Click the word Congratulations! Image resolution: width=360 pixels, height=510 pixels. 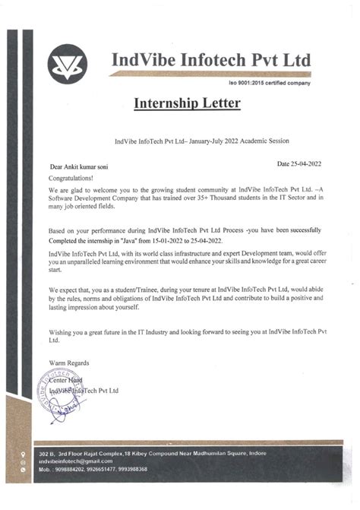(74, 176)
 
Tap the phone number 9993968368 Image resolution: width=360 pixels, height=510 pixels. (150, 470)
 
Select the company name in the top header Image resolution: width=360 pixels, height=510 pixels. (211, 59)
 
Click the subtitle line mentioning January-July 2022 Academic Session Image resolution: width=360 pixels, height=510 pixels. (201, 142)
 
